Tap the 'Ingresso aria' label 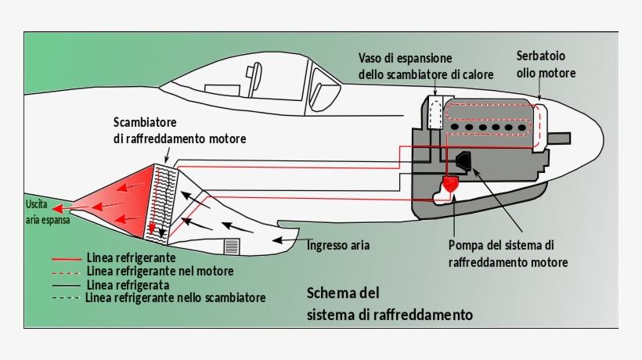338,245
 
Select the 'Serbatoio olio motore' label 546,65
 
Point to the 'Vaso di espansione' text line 405,59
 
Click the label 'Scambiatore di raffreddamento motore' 179,131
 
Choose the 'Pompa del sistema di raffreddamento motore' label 507,254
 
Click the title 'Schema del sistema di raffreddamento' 389,304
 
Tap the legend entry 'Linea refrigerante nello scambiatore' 176,298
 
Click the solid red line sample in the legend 67,257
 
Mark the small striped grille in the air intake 231,246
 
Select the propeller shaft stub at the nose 557,138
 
